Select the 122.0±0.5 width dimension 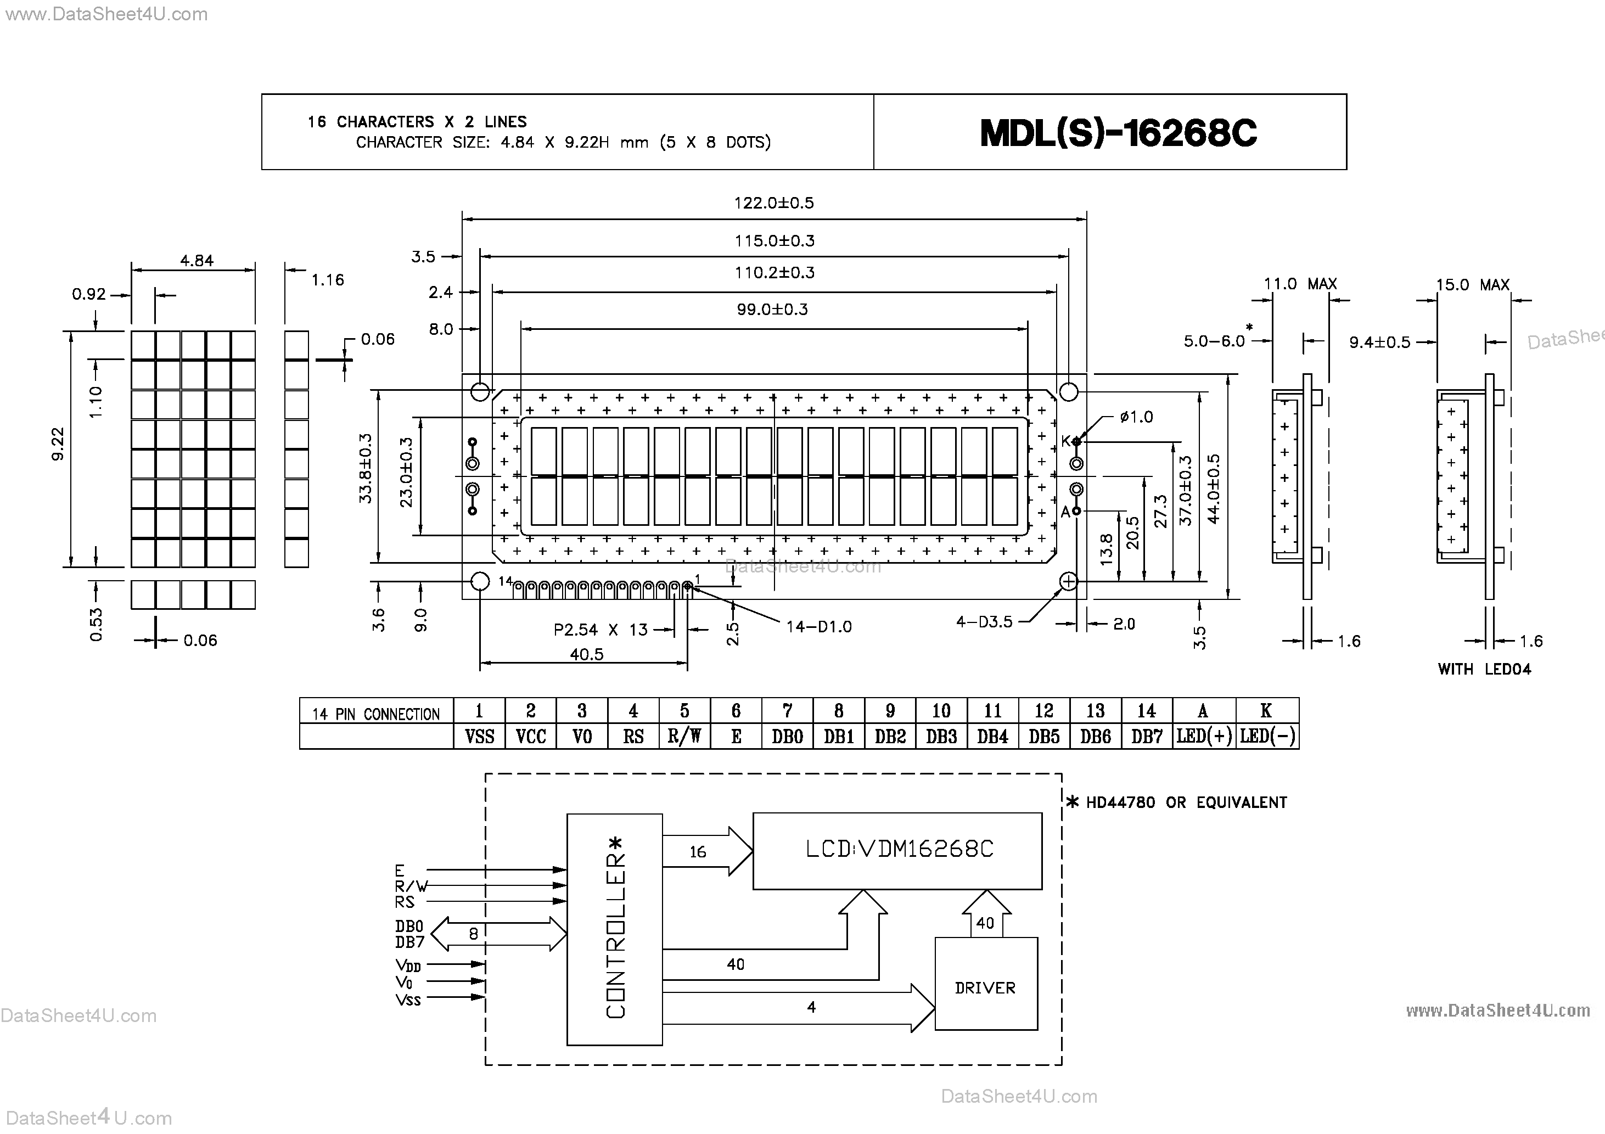(x=774, y=203)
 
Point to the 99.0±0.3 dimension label (x=772, y=309)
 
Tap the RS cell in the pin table (x=633, y=736)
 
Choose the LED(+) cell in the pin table (x=1204, y=736)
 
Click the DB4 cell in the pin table (x=992, y=736)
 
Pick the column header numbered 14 (x=1147, y=711)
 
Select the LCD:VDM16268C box (x=897, y=850)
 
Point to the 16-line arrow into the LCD (x=706, y=851)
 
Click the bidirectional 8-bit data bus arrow (x=498, y=934)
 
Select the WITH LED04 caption (x=1484, y=669)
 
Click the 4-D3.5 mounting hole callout (x=984, y=621)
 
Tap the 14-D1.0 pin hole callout (x=818, y=626)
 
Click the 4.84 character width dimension (x=197, y=261)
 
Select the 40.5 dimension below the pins (x=586, y=654)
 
